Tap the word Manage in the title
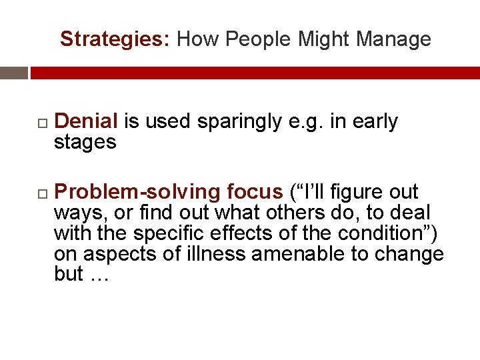[393, 40]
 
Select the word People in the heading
[258, 40]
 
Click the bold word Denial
[86, 121]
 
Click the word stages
[85, 141]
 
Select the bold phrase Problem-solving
[137, 192]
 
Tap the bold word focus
[255, 192]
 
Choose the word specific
[165, 233]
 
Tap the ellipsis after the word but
[98, 275]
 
